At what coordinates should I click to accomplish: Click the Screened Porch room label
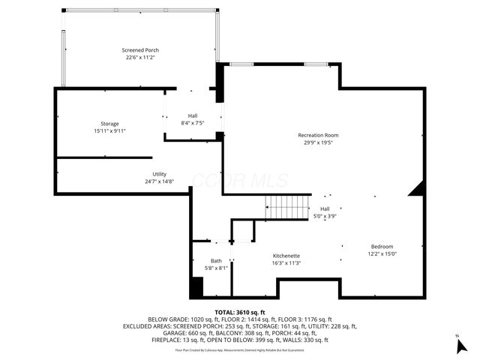pyautogui.click(x=140, y=50)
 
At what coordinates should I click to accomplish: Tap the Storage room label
pyautogui.click(x=109, y=124)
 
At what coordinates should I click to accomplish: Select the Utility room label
pyautogui.click(x=159, y=174)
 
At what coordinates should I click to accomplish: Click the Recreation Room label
pyautogui.click(x=318, y=135)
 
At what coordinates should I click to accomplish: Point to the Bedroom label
pyautogui.click(x=382, y=247)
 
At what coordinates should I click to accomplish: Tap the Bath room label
pyautogui.click(x=216, y=260)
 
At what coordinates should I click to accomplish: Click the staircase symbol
pyautogui.click(x=287, y=203)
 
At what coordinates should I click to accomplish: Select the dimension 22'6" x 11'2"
pyautogui.click(x=140, y=57)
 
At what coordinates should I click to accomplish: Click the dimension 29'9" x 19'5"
pyautogui.click(x=318, y=142)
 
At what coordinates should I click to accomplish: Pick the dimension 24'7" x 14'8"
pyautogui.click(x=159, y=181)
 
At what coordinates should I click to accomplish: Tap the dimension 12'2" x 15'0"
pyautogui.click(x=382, y=254)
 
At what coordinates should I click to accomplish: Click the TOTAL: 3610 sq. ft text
pyautogui.click(x=240, y=312)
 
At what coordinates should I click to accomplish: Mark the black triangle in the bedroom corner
pyautogui.click(x=416, y=190)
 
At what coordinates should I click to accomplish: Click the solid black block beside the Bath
pyautogui.click(x=196, y=288)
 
